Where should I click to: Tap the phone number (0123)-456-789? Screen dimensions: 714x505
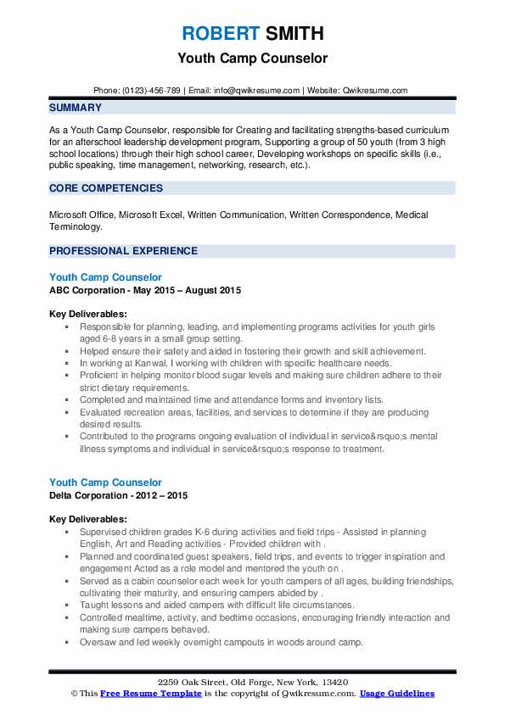tap(154, 90)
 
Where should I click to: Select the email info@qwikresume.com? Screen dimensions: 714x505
tap(257, 90)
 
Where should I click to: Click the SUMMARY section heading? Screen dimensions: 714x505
tap(76, 108)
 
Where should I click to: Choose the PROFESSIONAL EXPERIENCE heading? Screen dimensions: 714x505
tap(123, 251)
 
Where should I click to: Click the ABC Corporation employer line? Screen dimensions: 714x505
tap(144, 290)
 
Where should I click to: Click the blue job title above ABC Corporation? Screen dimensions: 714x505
tap(105, 277)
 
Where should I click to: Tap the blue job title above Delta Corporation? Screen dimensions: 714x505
tap(105, 483)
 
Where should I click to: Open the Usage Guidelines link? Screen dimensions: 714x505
tap(396, 694)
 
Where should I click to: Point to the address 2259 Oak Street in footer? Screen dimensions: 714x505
tap(252, 682)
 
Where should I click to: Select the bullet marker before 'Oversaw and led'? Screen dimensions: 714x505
tap(67, 642)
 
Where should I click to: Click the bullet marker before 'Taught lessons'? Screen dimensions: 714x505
tap(67, 605)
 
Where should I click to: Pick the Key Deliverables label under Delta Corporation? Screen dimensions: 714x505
tap(88, 519)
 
